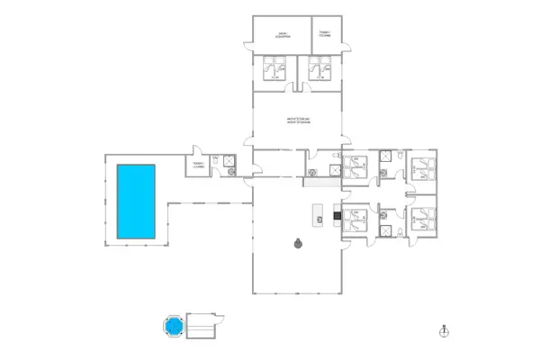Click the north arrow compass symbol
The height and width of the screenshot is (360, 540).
pos(443,331)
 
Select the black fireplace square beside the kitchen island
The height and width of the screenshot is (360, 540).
pos(337,214)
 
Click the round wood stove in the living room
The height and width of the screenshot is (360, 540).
pos(296,242)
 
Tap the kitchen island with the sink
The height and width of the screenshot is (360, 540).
pos(317,215)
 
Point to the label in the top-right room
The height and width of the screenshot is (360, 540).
pos(325,34)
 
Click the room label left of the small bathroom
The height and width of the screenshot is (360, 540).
pos(199,166)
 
